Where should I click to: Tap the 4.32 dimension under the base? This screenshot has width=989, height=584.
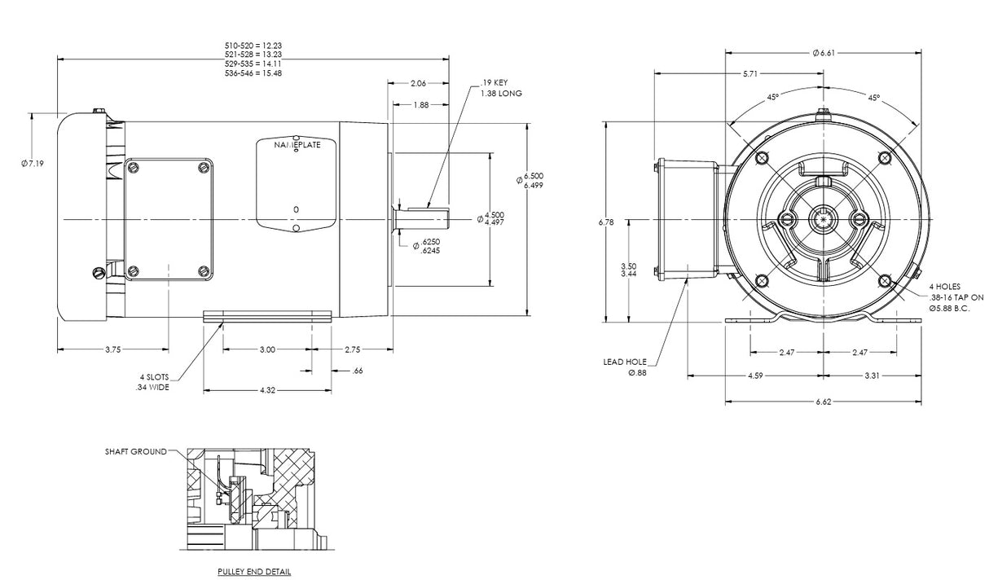267,391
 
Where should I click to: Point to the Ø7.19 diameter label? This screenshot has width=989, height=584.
33,164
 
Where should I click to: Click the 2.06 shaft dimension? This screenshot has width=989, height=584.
419,83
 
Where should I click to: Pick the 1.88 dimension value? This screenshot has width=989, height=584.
421,104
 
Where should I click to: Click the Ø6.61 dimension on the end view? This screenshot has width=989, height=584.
823,53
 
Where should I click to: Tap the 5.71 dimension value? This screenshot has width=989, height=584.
750,74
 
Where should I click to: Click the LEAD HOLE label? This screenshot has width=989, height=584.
624,362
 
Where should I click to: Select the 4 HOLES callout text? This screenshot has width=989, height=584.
945,287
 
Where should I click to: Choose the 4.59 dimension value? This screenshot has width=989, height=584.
755,376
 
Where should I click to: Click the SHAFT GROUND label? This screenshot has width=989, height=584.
136,451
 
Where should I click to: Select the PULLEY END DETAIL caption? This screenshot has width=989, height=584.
254,572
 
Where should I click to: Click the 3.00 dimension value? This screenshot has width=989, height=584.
267,349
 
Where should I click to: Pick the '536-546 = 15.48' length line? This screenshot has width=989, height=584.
253,73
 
